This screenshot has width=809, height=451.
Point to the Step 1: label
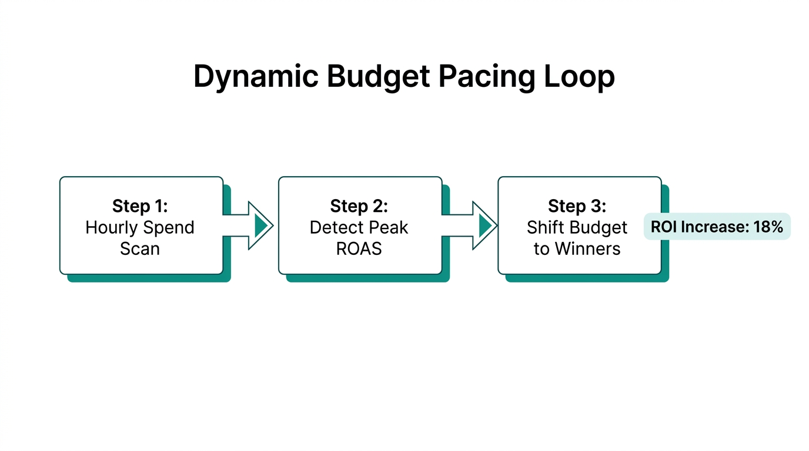140,206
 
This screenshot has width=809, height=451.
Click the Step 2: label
359,206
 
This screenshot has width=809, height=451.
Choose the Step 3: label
577,206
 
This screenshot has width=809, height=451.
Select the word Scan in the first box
140,249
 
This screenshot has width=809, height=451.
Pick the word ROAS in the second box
359,249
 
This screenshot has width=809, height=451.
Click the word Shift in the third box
546,228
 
